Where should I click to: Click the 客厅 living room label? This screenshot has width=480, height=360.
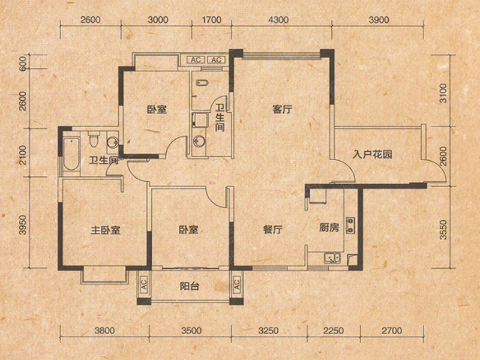[282, 109]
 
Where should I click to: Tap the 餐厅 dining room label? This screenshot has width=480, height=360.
[273, 229]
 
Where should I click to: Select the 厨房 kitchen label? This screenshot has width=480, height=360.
[329, 228]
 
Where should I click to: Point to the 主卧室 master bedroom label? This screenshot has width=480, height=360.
[106, 230]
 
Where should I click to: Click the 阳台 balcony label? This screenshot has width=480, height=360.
[190, 286]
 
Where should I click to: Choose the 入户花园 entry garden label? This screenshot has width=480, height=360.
[372, 154]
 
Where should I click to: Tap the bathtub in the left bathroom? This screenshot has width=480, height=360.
[71, 154]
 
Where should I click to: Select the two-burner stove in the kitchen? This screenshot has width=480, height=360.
[350, 226]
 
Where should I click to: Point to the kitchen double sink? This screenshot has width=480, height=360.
[332, 258]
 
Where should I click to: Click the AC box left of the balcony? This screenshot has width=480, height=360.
[143, 284]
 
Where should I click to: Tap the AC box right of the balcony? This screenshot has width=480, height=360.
[236, 284]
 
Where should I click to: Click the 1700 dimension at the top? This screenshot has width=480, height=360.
[212, 20]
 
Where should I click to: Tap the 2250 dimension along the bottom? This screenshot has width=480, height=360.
[334, 331]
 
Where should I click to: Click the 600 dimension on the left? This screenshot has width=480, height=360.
[22, 64]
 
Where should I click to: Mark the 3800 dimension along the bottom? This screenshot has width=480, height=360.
[104, 331]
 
